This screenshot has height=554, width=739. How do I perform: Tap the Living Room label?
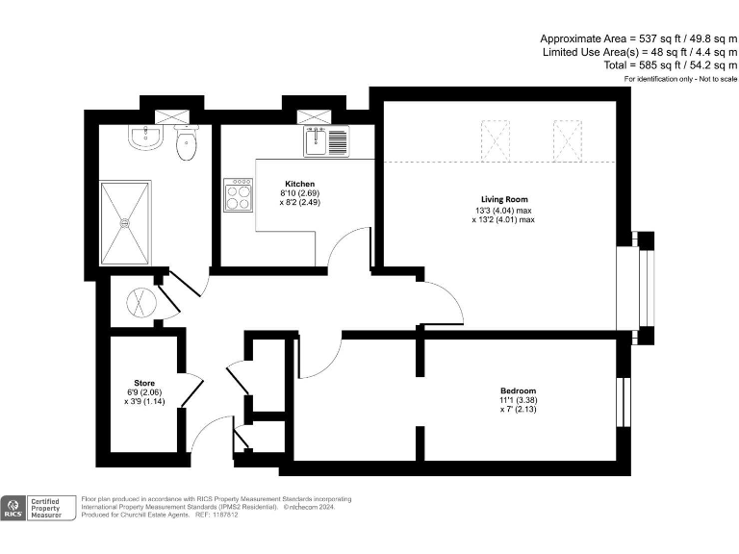[504, 200]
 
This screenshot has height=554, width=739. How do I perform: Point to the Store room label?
[144, 382]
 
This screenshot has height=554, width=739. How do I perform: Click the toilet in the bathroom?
[187, 145]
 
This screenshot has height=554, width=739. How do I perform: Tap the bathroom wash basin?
[144, 138]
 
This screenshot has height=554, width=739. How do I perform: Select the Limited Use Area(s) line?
[639, 52]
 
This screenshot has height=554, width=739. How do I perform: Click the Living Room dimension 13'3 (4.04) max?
[504, 210]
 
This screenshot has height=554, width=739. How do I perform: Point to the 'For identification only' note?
[680, 78]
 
